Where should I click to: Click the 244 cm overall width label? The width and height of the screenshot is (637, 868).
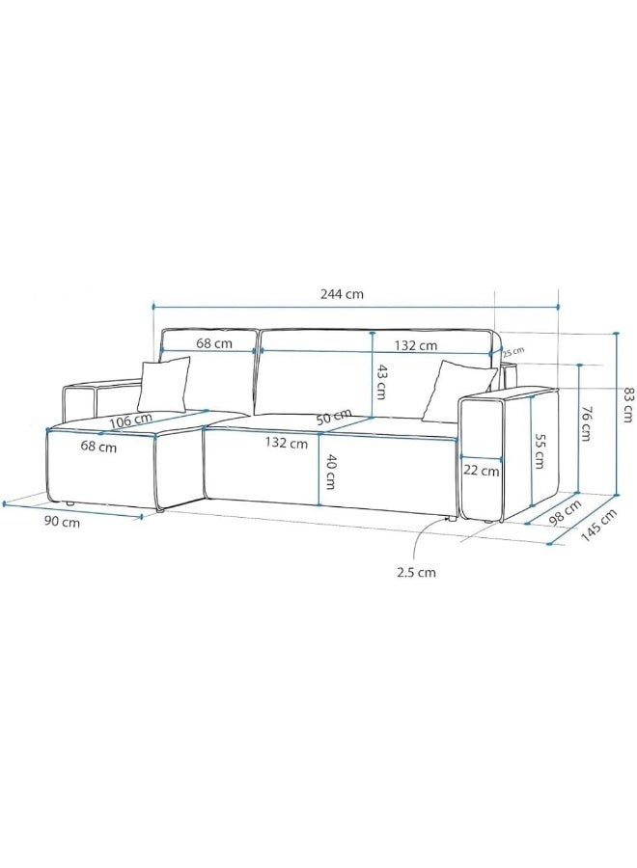click(x=343, y=294)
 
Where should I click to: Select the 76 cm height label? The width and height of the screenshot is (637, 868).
click(x=586, y=421)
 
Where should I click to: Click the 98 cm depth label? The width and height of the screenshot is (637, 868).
click(x=566, y=508)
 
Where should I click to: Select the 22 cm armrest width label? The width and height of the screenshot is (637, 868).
click(x=482, y=472)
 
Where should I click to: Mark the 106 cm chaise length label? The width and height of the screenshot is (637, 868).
click(x=129, y=420)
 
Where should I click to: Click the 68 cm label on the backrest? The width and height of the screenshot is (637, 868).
click(x=213, y=343)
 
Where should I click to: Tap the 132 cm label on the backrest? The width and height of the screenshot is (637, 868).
click(x=416, y=344)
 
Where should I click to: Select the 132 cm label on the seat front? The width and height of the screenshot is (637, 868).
click(x=288, y=444)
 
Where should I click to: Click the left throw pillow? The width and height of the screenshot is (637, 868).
click(x=164, y=384)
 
